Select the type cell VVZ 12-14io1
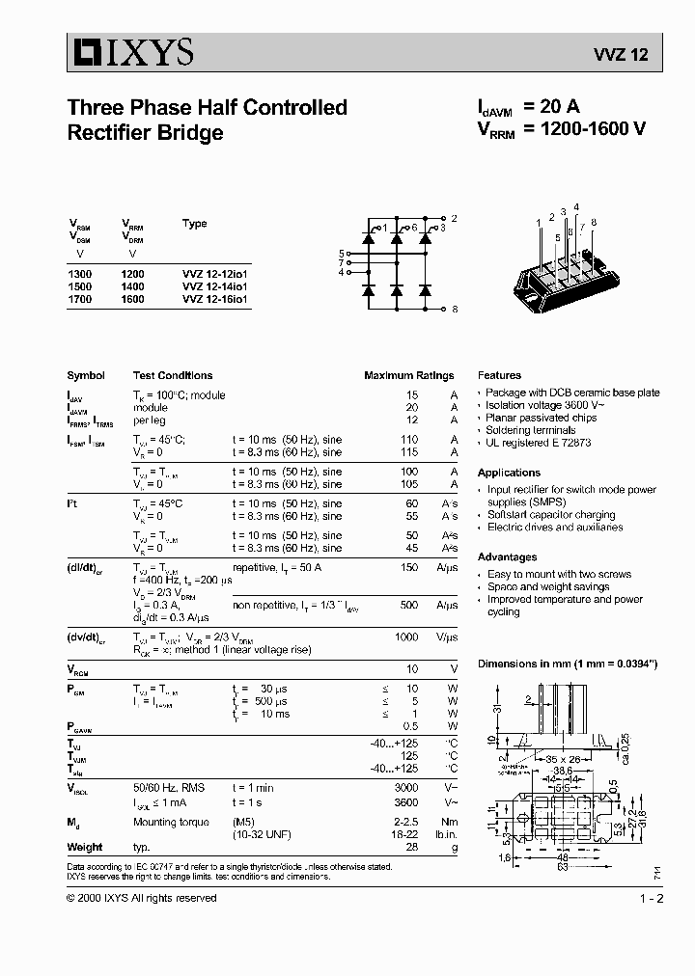[214, 286]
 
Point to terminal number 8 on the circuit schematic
[455, 309]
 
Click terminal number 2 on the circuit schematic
[455, 219]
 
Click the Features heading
[499, 375]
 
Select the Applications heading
[509, 473]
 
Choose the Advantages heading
[507, 556]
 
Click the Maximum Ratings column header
[408, 375]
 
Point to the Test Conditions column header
[173, 375]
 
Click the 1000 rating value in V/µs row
[406, 637]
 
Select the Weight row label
[85, 847]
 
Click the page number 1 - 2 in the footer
[652, 898]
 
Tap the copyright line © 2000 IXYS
[141, 898]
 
